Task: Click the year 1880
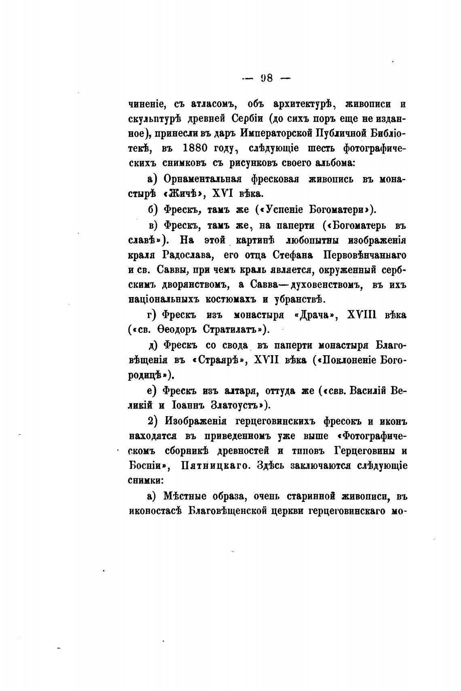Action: click(x=196, y=148)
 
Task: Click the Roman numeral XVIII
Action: click(x=362, y=315)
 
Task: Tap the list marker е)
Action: click(x=152, y=390)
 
